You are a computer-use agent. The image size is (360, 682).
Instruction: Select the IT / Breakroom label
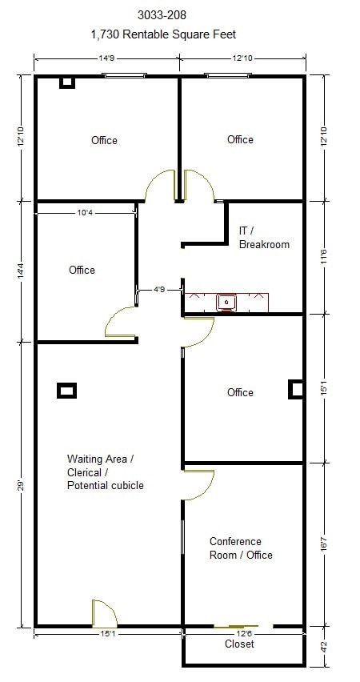click(x=264, y=237)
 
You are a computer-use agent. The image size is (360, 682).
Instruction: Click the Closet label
click(x=239, y=644)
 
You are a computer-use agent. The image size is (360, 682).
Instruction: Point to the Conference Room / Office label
click(x=241, y=548)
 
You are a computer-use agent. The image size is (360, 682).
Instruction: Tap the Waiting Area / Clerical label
click(x=106, y=471)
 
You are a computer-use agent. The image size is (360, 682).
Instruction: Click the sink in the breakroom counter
click(x=228, y=302)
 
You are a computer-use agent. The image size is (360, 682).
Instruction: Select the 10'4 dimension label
click(x=89, y=213)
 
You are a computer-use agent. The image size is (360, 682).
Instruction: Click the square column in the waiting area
click(x=66, y=391)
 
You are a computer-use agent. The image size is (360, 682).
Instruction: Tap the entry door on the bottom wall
click(x=104, y=614)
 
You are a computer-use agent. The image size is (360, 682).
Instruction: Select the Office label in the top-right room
click(x=240, y=139)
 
